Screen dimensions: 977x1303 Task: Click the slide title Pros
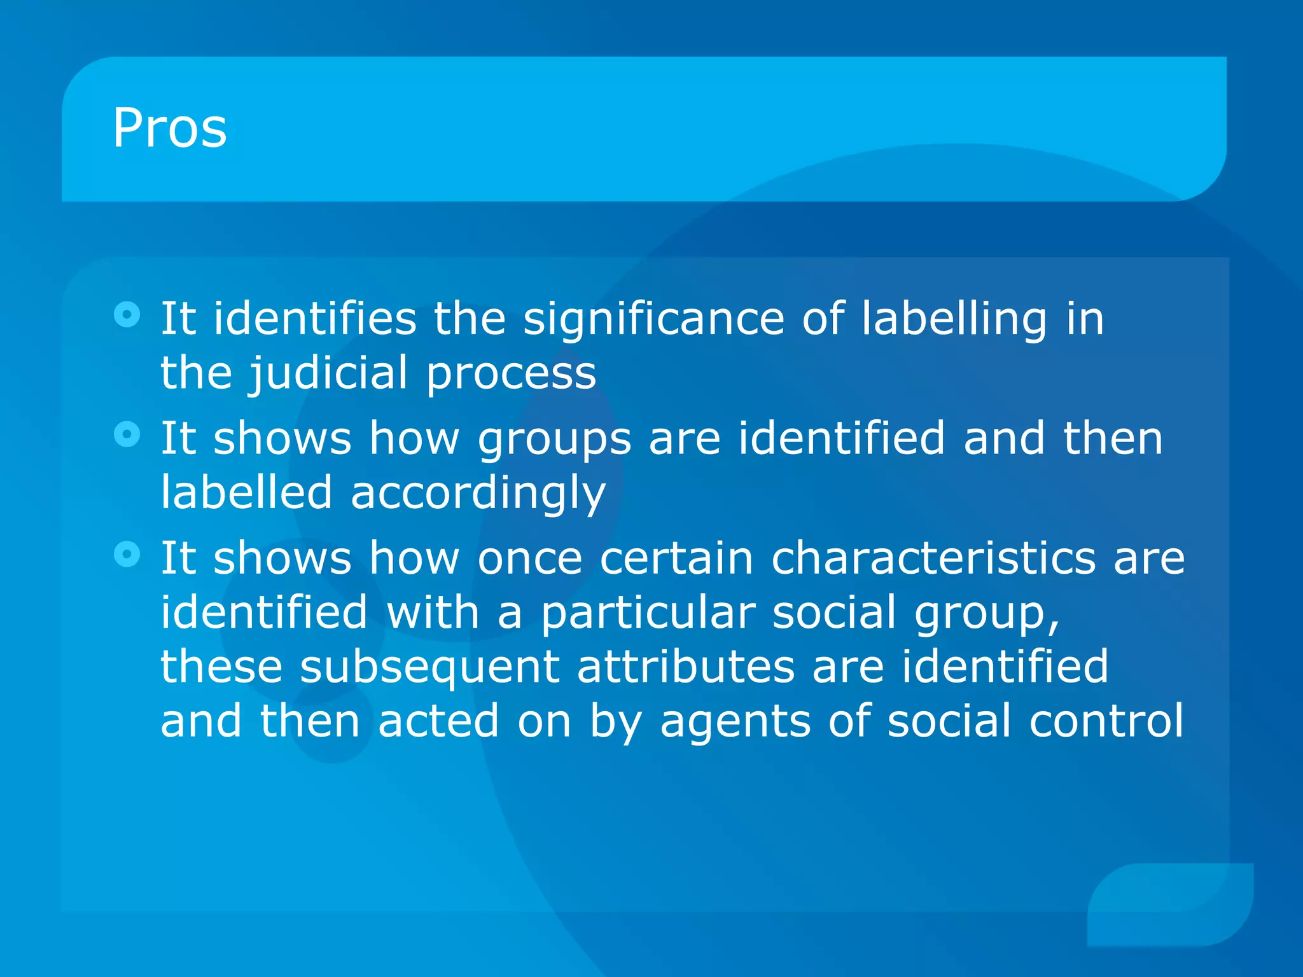pos(169,128)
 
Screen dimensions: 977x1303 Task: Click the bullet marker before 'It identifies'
pos(127,314)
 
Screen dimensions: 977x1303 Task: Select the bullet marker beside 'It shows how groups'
pos(127,434)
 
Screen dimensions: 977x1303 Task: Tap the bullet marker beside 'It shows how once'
pos(127,554)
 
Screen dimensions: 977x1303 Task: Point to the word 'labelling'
pos(954,319)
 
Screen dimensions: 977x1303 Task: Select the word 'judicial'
pos(328,374)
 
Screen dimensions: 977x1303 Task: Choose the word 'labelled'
pos(246,492)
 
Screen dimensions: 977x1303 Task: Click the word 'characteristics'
pos(933,558)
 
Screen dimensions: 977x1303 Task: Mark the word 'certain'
pos(676,558)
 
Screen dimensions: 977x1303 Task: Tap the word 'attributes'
pos(685,667)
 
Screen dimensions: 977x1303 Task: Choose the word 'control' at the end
pos(1106,721)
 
